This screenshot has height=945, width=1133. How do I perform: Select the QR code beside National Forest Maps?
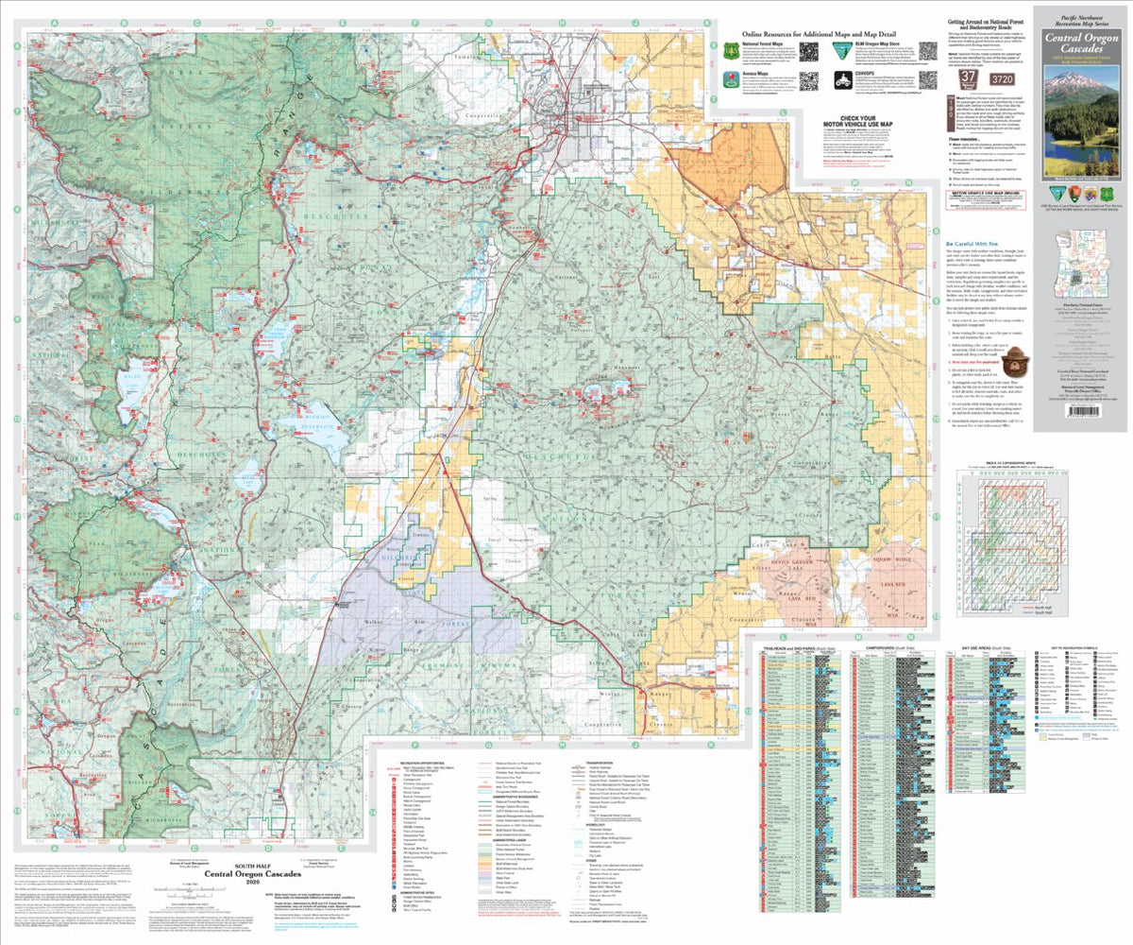click(809, 51)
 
